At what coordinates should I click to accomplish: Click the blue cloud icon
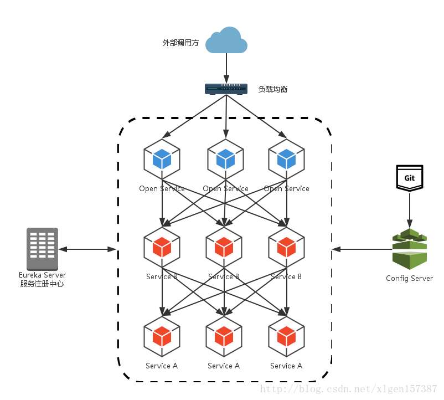(x=226, y=40)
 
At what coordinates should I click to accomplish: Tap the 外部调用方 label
(x=180, y=43)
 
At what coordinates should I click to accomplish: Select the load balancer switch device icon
(x=226, y=89)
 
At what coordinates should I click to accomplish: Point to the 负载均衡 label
(x=273, y=89)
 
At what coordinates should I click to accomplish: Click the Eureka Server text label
(x=42, y=275)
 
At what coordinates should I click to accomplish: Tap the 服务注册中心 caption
(x=42, y=284)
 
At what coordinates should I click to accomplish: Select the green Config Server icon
(x=410, y=249)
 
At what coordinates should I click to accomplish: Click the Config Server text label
(x=410, y=278)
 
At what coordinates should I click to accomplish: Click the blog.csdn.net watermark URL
(x=349, y=389)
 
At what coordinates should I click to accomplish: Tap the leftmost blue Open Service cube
(x=162, y=158)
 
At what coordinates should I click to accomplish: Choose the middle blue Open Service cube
(x=225, y=158)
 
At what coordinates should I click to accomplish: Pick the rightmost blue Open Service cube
(x=286, y=158)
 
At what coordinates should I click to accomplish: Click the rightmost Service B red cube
(x=286, y=247)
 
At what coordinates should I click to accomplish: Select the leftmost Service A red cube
(x=162, y=336)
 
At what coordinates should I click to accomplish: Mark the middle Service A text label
(x=224, y=366)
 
